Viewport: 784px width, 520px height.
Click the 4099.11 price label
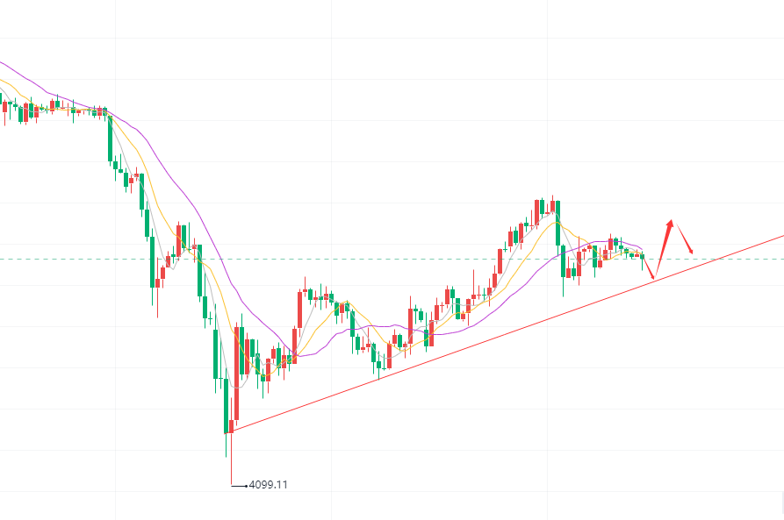coord(269,484)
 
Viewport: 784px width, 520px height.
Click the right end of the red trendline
coord(781,236)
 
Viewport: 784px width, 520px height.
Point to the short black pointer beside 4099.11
coord(240,484)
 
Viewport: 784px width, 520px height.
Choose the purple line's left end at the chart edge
coord(2,62)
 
